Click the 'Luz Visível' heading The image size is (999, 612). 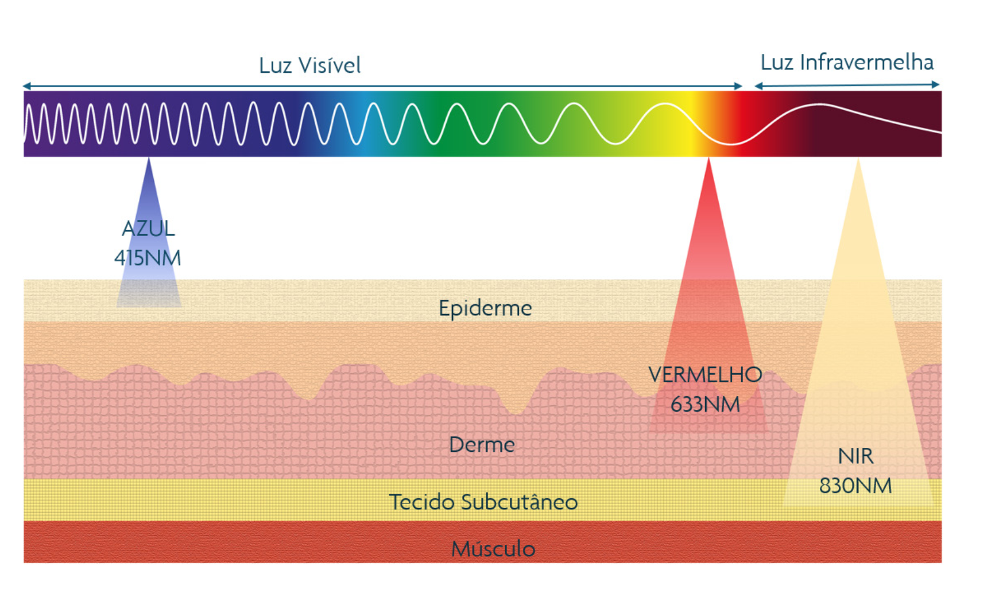click(309, 65)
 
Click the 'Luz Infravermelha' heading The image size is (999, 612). click(846, 63)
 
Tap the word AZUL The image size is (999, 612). click(148, 229)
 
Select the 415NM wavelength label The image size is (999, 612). click(148, 258)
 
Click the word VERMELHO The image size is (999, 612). click(705, 375)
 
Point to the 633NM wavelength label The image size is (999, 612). click(705, 405)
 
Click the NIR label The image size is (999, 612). click(855, 456)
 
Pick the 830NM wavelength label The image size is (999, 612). click(855, 486)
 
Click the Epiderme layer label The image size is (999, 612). click(485, 308)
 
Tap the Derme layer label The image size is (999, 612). click(482, 445)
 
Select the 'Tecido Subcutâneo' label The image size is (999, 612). click(483, 502)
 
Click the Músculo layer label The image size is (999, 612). click(493, 549)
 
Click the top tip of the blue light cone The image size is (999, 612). click(149, 160)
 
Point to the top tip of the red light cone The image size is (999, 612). click(708, 160)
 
